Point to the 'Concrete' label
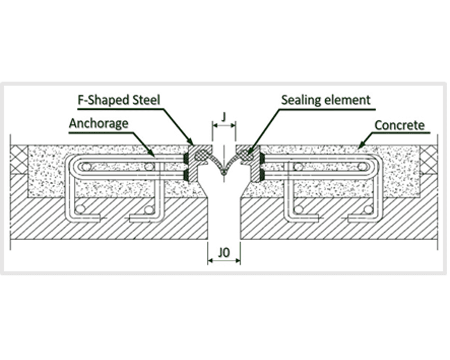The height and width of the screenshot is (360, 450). point(399,125)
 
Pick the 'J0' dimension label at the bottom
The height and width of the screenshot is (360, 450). point(224,252)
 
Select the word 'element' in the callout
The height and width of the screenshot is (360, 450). point(349,100)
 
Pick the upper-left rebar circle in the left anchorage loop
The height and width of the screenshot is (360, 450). point(87,166)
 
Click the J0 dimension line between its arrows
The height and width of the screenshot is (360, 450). point(224,261)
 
